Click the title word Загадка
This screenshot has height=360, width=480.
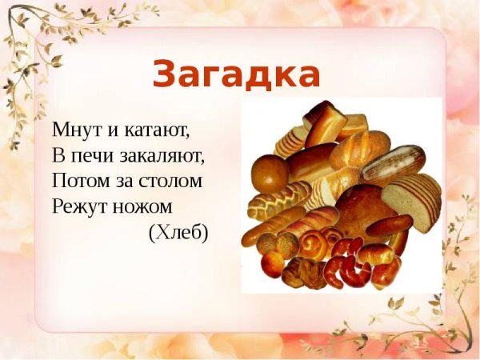point(236,74)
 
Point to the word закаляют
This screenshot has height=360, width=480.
point(165,154)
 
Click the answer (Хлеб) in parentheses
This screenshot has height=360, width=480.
point(178,233)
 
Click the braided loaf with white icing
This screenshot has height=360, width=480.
point(276,200)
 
